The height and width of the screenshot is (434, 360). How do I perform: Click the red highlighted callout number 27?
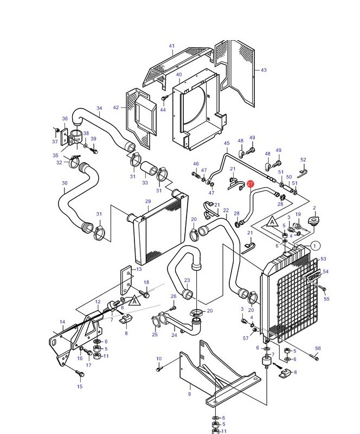click(x=250, y=184)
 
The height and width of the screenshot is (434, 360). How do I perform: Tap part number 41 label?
click(x=172, y=46)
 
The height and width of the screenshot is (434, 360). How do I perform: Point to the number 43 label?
click(x=263, y=70)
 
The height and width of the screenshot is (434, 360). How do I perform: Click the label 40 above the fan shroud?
click(x=179, y=75)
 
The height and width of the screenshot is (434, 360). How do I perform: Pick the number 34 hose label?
click(x=99, y=108)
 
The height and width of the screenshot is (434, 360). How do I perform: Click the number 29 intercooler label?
click(x=148, y=201)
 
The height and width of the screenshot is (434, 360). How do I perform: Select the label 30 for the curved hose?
click(x=65, y=183)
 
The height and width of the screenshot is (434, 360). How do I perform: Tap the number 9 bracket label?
click(x=189, y=394)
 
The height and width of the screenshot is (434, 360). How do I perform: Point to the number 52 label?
click(x=303, y=160)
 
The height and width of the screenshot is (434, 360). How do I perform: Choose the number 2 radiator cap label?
click(x=314, y=208)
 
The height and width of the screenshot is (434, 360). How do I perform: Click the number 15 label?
click(x=80, y=386)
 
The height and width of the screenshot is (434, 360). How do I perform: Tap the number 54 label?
click(x=326, y=272)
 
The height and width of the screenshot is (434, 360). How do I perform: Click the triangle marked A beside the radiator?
click(x=273, y=222)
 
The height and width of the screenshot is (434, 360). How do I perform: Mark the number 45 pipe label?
click(x=227, y=143)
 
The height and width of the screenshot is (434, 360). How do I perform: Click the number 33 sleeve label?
click(x=145, y=183)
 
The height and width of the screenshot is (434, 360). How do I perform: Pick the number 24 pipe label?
click(x=174, y=335)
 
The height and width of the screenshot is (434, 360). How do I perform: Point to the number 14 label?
click(x=62, y=322)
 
